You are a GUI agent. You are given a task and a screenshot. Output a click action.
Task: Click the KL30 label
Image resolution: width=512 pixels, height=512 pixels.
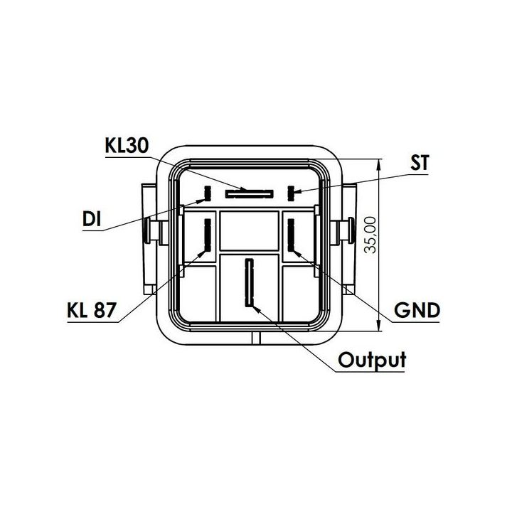127,146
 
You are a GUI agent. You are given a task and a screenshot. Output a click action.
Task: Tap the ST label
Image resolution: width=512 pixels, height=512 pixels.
420,162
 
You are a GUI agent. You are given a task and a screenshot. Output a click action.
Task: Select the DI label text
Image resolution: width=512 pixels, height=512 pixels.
92,219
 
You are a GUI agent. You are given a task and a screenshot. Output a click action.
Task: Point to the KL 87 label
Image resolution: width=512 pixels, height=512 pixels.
92,310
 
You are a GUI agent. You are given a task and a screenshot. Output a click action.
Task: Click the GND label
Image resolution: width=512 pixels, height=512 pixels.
417,310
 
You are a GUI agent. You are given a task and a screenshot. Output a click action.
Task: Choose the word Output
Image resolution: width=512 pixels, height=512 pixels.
372,360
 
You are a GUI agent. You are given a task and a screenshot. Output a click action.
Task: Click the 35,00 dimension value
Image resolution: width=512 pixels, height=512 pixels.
371,235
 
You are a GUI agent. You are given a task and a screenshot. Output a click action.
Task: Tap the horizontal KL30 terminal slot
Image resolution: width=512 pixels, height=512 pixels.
249,193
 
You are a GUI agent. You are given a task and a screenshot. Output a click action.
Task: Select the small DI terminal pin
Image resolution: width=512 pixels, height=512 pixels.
208,193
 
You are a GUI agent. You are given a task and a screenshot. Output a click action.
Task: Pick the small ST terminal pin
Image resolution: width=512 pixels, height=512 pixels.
291,193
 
